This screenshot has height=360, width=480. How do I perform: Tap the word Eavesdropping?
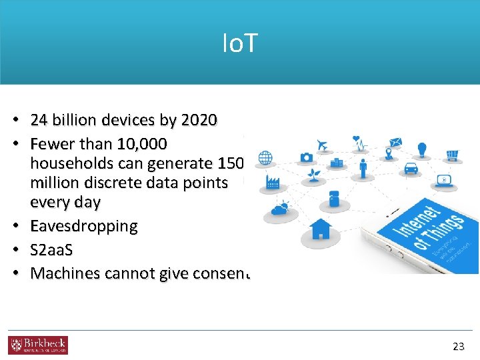[84, 226]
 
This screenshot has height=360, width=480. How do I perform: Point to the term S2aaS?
[52, 250]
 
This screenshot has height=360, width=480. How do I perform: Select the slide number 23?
[458, 346]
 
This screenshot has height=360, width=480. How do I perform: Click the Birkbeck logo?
[38, 345]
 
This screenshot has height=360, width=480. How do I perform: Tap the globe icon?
[265, 158]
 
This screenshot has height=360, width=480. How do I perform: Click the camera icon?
[307, 157]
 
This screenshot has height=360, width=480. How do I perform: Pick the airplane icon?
[323, 145]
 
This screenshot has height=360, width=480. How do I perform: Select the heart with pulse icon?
[360, 142]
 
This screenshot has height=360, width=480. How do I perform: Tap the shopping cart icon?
[453, 155]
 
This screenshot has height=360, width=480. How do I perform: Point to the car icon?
[411, 168]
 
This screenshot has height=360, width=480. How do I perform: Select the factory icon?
[273, 182]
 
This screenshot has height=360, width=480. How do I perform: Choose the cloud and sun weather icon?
[279, 209]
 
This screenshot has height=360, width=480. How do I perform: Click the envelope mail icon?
[395, 142]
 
